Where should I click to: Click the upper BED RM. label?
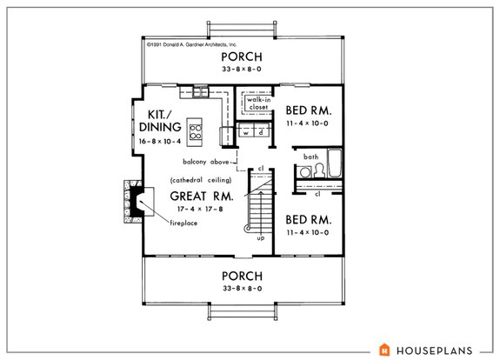[310, 112]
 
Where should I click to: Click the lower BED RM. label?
[310, 221]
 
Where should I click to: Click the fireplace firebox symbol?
[137, 203]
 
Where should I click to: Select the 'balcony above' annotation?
[207, 162]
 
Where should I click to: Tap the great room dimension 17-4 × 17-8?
[202, 210]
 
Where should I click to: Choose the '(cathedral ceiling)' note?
[201, 179]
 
